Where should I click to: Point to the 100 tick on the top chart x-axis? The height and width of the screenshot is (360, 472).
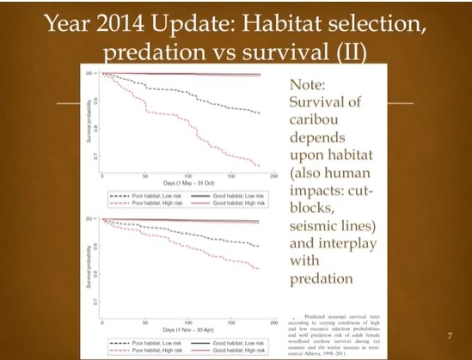pos(187,177)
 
